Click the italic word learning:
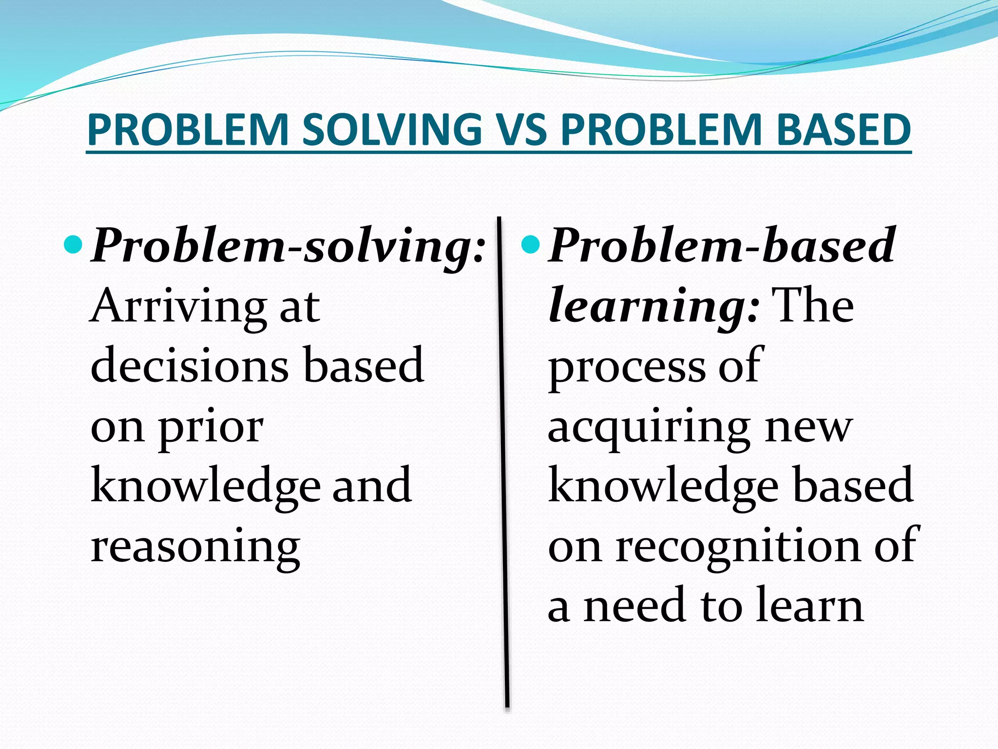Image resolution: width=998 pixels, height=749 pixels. point(653,306)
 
